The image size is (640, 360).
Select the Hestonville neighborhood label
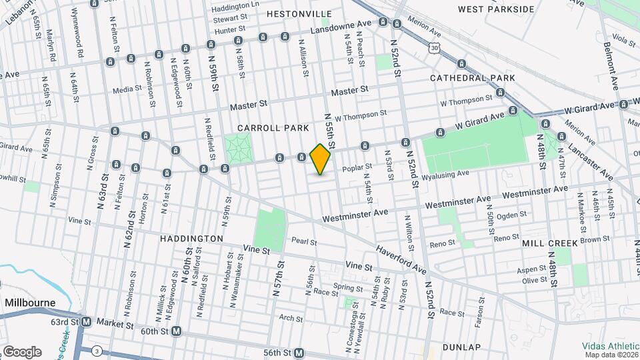(299, 13)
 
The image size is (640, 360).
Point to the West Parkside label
(497, 9)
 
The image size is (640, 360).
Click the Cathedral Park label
(473, 78)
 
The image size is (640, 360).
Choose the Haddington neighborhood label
(191, 238)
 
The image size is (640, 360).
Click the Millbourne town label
(30, 302)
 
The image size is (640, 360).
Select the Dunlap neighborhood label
(461, 347)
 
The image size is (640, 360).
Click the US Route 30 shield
(435, 48)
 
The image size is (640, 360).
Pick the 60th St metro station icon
(176, 331)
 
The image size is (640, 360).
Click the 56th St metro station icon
(299, 353)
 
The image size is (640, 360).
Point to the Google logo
(22, 351)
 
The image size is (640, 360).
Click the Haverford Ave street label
(400, 258)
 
